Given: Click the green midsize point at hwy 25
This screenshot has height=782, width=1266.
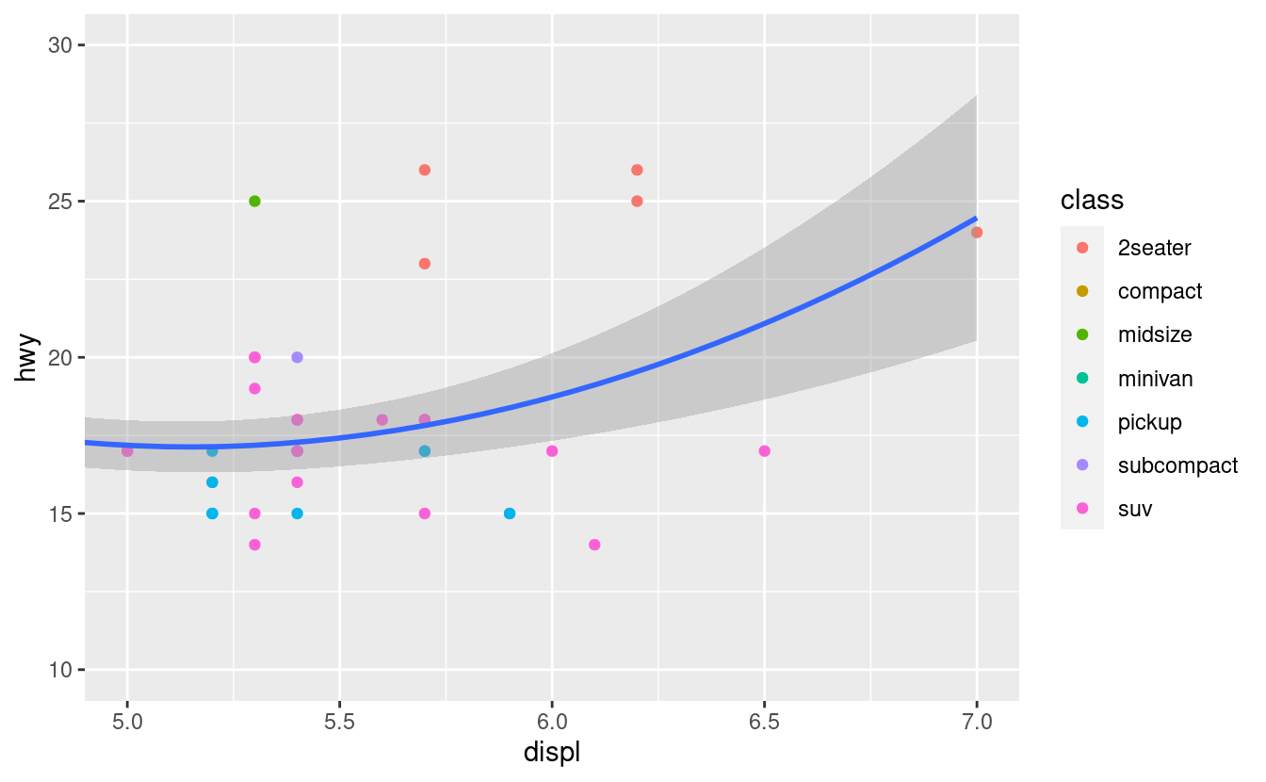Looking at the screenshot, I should click(254, 201).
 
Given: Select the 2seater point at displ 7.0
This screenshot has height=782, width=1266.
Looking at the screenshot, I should click(977, 233).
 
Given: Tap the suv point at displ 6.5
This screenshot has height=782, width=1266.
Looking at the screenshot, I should click(764, 451).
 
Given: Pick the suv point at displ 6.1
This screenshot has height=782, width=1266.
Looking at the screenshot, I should click(594, 545).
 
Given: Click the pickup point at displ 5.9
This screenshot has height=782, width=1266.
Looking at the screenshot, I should click(510, 513).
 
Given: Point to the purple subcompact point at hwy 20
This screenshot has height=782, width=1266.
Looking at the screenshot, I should click(297, 357).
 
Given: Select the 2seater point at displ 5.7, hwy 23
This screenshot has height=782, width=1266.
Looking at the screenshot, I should click(425, 264).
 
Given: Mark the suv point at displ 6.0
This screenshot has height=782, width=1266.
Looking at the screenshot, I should click(552, 451).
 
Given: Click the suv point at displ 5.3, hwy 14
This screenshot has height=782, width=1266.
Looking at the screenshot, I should click(254, 545).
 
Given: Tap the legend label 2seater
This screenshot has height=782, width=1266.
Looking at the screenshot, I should click(1154, 248).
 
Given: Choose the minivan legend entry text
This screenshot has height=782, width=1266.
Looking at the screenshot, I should click(1155, 379).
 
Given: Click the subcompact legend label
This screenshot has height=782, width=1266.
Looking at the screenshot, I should click(1177, 465).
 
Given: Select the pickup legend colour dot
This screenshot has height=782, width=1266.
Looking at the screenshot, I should click(1082, 422).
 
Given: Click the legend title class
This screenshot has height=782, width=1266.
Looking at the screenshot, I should click(1092, 201).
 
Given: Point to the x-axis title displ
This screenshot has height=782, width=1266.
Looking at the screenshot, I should click(551, 753).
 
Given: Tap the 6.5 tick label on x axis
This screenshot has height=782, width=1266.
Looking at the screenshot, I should click(764, 723).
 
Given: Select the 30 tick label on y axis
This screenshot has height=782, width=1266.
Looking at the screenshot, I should click(61, 45).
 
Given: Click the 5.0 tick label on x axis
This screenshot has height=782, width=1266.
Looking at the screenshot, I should click(127, 723).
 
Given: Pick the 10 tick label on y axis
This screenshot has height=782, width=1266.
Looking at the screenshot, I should click(61, 670).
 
